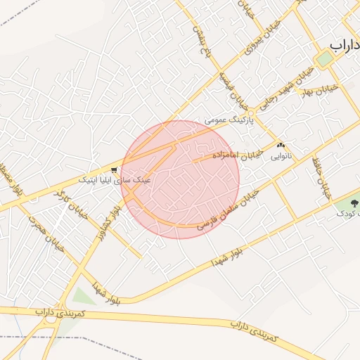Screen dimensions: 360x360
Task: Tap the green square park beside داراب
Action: pyautogui.click(x=325, y=59)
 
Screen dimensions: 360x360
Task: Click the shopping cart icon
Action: pyautogui.click(x=114, y=169)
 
